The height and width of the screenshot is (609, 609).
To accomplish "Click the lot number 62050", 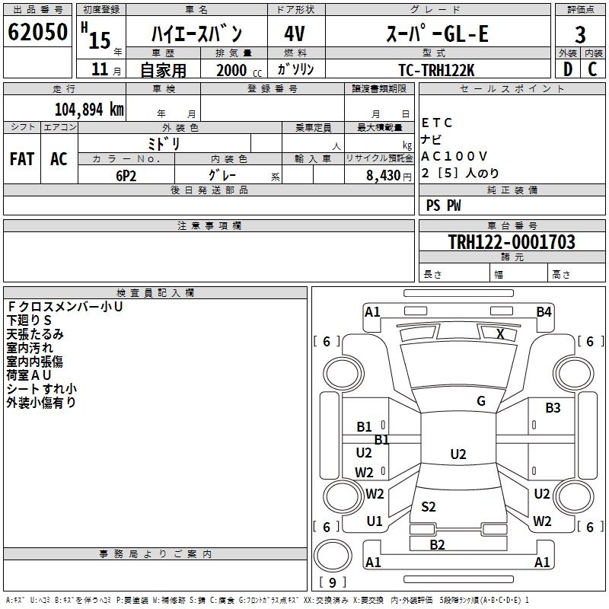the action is (x=37, y=32).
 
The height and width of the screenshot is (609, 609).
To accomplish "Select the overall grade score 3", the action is (x=580, y=35).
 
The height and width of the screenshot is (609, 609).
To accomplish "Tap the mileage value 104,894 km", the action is (x=89, y=109).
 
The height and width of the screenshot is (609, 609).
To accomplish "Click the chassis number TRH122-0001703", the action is (x=512, y=241).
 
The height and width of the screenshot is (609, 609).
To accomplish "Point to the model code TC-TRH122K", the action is (x=436, y=70).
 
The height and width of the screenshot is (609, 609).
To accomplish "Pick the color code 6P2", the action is (x=126, y=176).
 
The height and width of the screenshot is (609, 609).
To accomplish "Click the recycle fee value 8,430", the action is (x=384, y=176).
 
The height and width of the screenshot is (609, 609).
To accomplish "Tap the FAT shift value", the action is (x=22, y=159).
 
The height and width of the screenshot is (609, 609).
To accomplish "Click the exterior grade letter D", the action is (x=568, y=69).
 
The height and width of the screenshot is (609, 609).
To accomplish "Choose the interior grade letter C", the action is (x=592, y=69).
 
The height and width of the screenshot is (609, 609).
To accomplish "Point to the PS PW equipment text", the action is (x=443, y=205).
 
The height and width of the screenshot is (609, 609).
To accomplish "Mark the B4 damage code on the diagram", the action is (x=544, y=312).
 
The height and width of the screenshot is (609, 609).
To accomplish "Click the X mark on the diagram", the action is (x=500, y=333).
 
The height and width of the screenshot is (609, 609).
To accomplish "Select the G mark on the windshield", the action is (x=481, y=401).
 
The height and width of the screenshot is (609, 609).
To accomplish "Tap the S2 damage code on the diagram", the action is (x=429, y=506).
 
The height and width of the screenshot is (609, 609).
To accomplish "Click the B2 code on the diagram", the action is (x=437, y=544).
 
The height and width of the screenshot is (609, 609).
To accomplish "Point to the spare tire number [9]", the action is (x=333, y=582).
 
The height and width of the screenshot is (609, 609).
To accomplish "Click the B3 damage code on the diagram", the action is (x=553, y=407).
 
